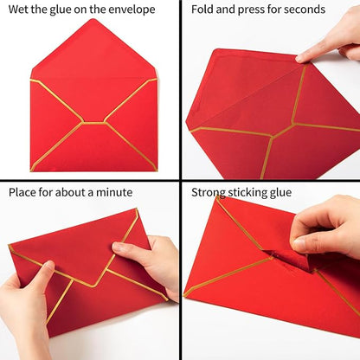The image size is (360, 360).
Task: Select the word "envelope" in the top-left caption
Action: (x=130, y=10)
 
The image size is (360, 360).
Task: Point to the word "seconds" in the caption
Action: (x=302, y=10)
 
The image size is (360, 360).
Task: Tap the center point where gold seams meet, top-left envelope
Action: (x=93, y=123)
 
